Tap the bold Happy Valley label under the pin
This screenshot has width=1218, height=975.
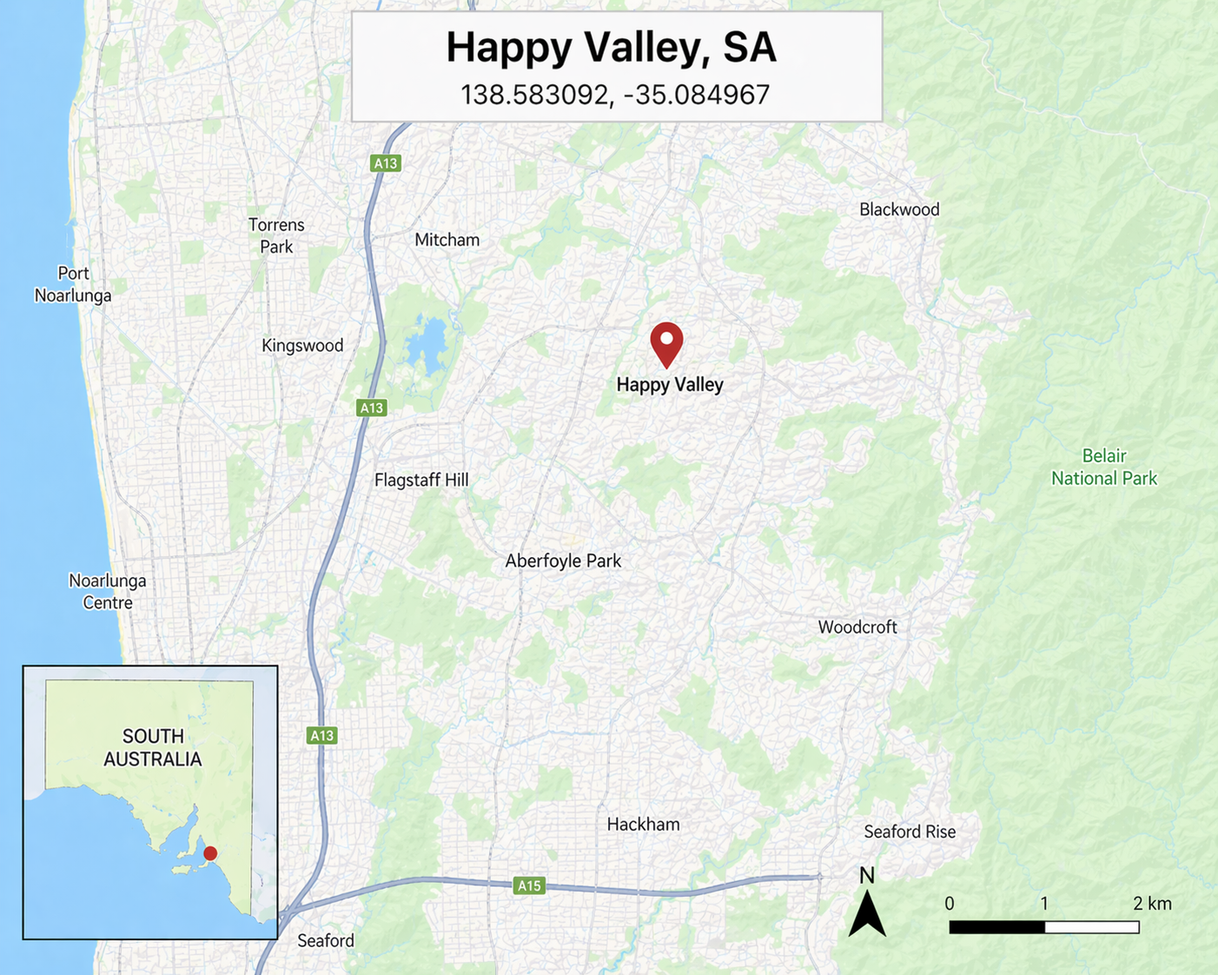tap(669, 384)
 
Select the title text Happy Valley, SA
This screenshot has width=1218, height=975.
tap(611, 47)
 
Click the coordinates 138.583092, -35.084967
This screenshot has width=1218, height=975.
tap(614, 94)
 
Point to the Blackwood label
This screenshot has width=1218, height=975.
tap(899, 209)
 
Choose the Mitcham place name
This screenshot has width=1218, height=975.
tap(447, 240)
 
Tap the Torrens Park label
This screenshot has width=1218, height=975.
tap(276, 235)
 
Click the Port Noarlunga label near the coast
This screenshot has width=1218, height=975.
tap(73, 284)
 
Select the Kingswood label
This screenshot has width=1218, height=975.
tap(302, 345)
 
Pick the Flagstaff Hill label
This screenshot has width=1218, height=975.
tap(421, 480)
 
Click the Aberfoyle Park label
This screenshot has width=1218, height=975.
tap(563, 560)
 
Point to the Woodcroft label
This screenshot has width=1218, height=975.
tap(857, 627)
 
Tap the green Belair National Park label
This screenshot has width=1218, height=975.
tap(1103, 467)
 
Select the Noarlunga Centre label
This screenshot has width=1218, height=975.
tap(107, 591)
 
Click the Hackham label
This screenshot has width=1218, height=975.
tap(643, 824)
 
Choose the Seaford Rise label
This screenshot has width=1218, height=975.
tap(909, 832)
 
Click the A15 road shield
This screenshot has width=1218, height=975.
tap(528, 885)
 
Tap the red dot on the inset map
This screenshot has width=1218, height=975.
tap(210, 853)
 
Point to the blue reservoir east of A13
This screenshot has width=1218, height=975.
tap(426, 344)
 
